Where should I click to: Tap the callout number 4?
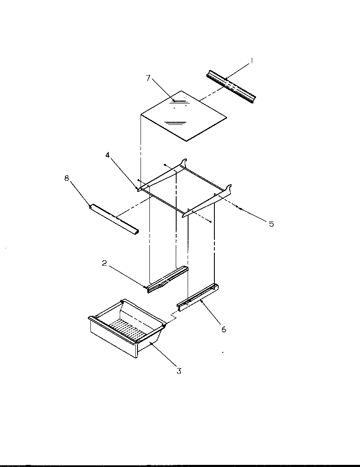tap(108, 155)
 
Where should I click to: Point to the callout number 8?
tap(67, 179)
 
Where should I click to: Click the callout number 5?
tap(271, 224)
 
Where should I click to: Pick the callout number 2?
tap(104, 263)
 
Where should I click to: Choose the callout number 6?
tap(224, 329)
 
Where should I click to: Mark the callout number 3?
tap(179, 371)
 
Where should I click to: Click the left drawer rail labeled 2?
tap(166, 280)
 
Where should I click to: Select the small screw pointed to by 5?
tap(240, 208)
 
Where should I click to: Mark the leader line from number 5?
tap(255, 216)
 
